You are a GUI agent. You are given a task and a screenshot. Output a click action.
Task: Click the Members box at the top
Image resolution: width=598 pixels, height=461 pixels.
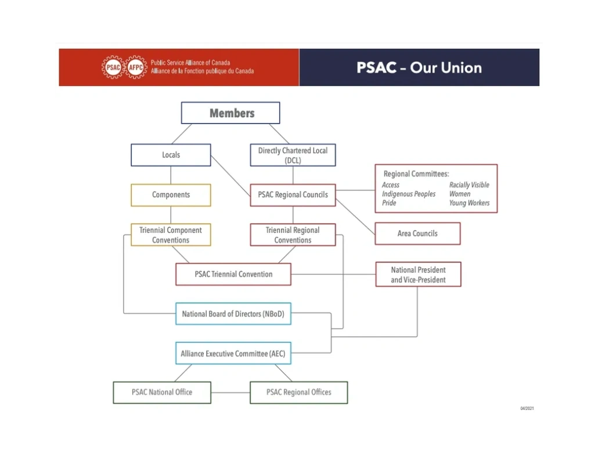click(230, 113)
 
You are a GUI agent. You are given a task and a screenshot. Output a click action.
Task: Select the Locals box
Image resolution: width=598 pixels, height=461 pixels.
click(171, 155)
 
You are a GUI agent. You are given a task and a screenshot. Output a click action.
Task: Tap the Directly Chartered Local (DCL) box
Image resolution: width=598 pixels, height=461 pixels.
click(293, 155)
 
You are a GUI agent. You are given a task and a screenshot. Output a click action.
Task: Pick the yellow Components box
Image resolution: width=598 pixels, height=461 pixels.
click(171, 195)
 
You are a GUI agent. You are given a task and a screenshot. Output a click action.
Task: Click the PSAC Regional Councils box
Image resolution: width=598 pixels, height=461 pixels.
click(293, 195)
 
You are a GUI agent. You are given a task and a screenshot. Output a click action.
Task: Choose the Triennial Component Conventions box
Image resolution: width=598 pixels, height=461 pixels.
click(171, 235)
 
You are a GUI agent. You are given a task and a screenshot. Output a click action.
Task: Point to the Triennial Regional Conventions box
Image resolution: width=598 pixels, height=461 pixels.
click(293, 235)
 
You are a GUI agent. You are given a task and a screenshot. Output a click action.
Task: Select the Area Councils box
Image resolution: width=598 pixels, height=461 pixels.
click(417, 233)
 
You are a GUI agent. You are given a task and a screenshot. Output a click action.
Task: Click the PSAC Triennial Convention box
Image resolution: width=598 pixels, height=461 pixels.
click(233, 274)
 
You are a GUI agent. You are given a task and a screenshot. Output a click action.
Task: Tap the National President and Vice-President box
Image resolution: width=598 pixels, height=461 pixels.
click(418, 275)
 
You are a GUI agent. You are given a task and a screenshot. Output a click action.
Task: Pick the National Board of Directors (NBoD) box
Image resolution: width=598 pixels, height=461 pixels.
click(233, 314)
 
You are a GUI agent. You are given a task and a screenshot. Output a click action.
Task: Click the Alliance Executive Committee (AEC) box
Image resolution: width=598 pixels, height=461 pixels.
click(233, 353)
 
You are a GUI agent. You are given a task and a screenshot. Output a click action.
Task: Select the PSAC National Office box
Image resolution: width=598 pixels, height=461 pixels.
click(162, 392)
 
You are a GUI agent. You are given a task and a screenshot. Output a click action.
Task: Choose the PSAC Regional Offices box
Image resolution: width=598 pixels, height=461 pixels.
click(298, 392)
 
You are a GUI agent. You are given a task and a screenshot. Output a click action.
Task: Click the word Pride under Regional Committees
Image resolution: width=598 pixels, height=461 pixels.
click(389, 203)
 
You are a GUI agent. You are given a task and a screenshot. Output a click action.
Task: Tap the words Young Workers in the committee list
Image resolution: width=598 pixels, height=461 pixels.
click(469, 203)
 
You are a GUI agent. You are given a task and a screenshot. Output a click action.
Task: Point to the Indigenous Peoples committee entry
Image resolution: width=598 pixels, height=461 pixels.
click(409, 194)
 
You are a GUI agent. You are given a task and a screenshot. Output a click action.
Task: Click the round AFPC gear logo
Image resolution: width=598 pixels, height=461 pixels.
click(136, 67)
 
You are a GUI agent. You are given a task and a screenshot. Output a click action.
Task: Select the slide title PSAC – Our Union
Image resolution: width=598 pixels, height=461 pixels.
click(419, 67)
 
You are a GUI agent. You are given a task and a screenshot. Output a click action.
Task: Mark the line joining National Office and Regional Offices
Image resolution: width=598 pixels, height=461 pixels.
click(230, 392)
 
